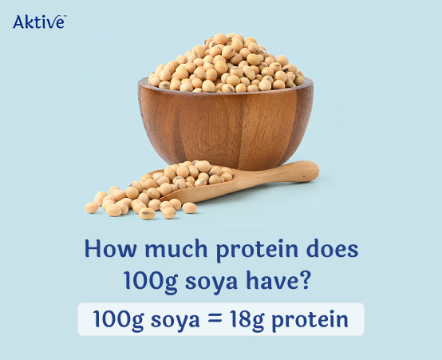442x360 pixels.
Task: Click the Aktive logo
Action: (39, 22)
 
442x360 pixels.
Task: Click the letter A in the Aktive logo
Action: (18, 22)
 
